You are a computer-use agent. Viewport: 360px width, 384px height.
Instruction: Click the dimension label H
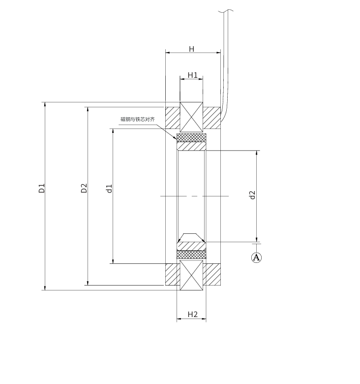pos(192,49)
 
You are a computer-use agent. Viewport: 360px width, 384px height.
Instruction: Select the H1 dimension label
pos(192,75)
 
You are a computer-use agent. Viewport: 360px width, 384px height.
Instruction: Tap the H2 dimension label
pos(192,314)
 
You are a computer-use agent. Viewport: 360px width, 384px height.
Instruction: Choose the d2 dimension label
pos(252,195)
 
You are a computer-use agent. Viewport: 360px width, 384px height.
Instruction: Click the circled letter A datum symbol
pos(257,257)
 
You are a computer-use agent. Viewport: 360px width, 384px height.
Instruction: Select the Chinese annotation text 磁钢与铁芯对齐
pos(138,119)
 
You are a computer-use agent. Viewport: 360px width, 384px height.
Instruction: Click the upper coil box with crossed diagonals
pos(192,117)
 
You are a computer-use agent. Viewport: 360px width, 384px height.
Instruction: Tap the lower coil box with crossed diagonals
pos(192,275)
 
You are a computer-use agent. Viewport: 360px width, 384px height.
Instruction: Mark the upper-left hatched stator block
pos(172,117)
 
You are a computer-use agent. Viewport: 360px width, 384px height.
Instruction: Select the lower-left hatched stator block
pos(172,274)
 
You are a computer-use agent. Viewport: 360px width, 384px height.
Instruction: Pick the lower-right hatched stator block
pos(212,274)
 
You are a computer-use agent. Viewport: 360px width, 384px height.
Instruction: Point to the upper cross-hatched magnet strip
pos(192,137)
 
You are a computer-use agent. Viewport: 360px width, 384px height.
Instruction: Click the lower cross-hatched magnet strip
pos(192,255)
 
